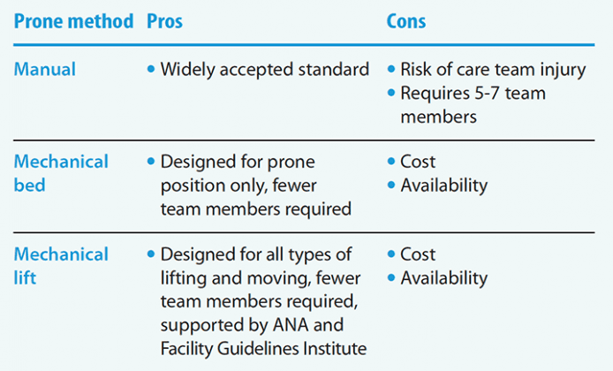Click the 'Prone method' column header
[x=73, y=21]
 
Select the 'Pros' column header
[x=165, y=21]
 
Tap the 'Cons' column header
[x=407, y=21]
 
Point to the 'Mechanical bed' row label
[x=61, y=174]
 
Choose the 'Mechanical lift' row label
[x=61, y=266]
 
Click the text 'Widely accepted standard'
[x=264, y=69]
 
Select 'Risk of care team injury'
[x=493, y=69]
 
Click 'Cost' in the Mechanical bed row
[x=418, y=163]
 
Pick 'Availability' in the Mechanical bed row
[x=443, y=185]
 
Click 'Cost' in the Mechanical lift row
[x=418, y=255]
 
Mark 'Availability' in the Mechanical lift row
[x=443, y=278]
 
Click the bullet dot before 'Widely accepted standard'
[x=151, y=69]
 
